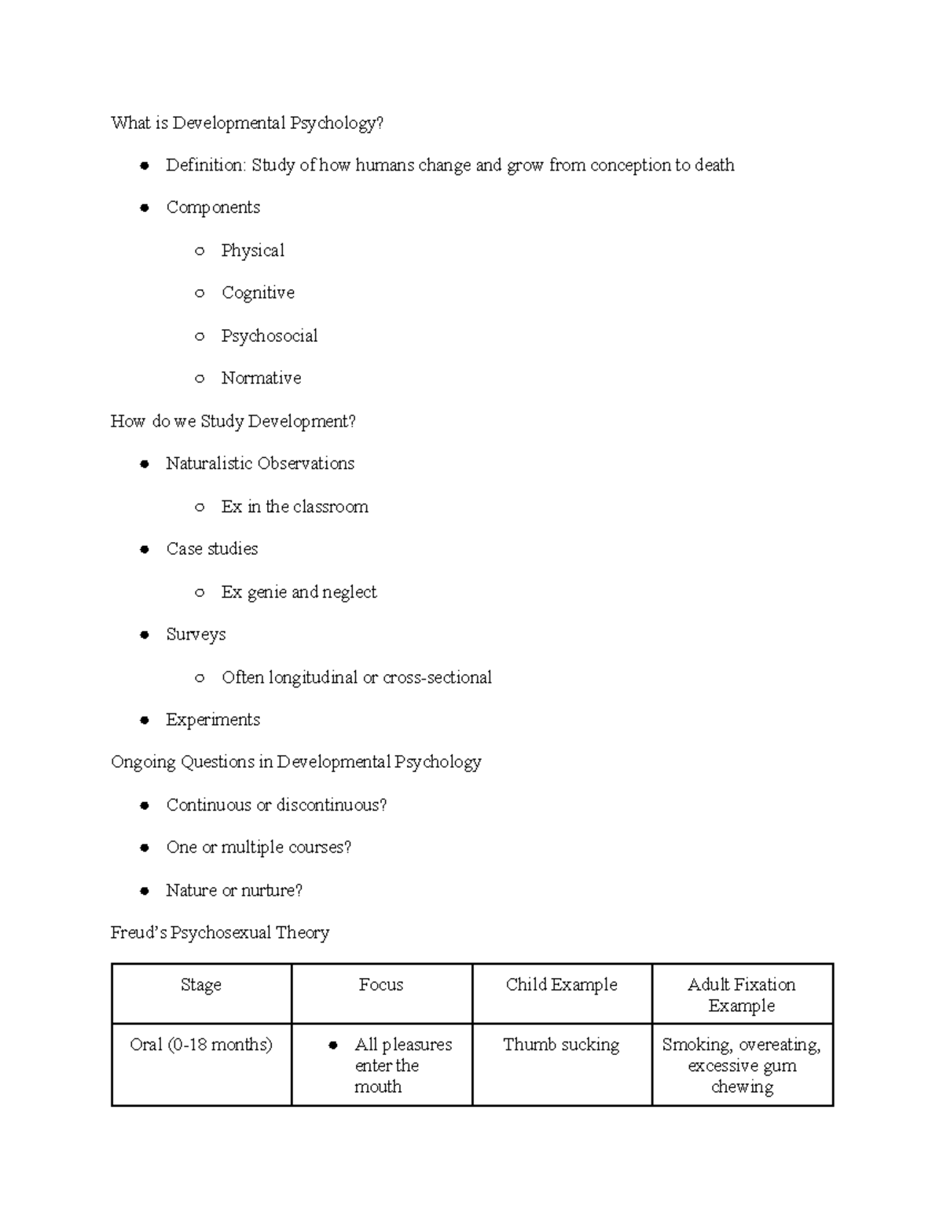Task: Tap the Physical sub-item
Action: point(252,251)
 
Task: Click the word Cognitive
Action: point(258,293)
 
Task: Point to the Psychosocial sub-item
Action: point(269,336)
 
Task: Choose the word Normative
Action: point(261,379)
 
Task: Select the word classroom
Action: point(331,507)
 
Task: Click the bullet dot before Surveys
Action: point(145,635)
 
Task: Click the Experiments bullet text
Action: point(212,720)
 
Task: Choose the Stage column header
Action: point(201,985)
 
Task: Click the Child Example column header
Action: point(561,985)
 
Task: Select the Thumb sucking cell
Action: point(561,1045)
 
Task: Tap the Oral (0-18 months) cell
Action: point(201,1045)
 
